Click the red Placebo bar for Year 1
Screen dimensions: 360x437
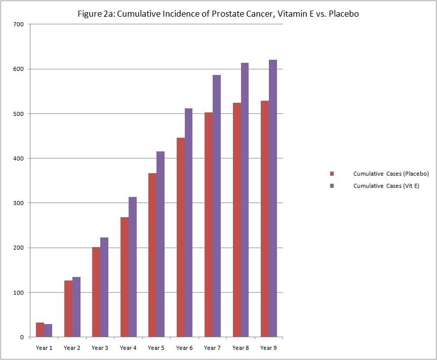(40, 330)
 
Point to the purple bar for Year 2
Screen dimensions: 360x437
(76, 307)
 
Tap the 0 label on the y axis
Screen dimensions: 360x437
(22, 337)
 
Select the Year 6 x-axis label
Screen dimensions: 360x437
(184, 348)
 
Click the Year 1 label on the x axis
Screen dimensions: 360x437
(44, 348)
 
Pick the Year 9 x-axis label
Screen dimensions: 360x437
(268, 348)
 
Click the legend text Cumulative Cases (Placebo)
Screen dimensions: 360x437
(391, 174)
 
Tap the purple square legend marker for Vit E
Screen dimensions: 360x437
(332, 186)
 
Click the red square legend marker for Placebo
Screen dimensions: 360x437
(332, 174)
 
